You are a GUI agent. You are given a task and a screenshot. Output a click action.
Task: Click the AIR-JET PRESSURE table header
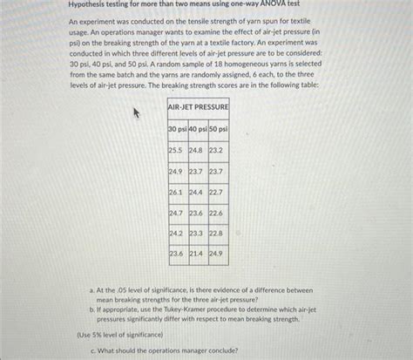[198, 106]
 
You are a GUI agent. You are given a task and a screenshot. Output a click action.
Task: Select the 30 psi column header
[178, 129]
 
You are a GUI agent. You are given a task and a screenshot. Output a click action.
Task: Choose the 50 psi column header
[218, 129]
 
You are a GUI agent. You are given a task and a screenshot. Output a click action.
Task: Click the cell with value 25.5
[177, 150]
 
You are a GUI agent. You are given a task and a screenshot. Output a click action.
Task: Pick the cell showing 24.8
[197, 150]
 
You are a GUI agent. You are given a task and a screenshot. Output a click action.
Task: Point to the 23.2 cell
[217, 150]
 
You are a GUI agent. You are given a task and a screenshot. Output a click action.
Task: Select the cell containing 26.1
[177, 192]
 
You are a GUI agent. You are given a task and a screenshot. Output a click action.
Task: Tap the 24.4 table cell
[197, 192]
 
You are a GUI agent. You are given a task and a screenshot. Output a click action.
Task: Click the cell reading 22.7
[217, 192]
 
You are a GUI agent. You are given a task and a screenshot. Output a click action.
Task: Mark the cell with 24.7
[177, 213]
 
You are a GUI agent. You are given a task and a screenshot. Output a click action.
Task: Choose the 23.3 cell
[197, 233]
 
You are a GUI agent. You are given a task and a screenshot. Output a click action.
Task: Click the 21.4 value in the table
[197, 254]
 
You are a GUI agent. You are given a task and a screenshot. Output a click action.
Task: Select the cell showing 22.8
[217, 233]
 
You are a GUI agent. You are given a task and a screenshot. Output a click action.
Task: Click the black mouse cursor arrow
[134, 112]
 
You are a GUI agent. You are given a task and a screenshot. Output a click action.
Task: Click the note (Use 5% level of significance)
[119, 334]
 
